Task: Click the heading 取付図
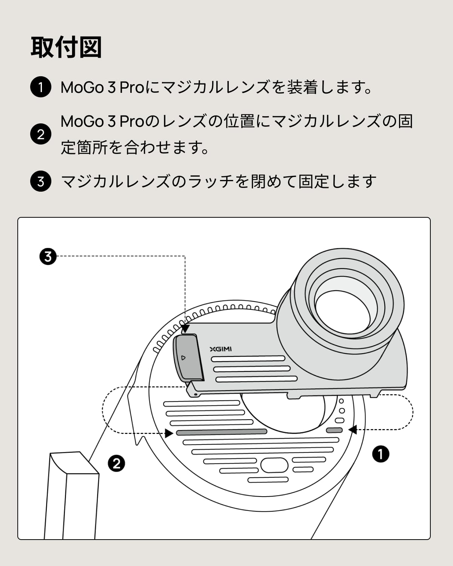[x=66, y=48]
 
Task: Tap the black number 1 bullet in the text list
[x=40, y=87]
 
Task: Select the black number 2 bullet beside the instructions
[x=40, y=134]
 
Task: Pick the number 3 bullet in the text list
[x=40, y=181]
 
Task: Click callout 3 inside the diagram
[x=48, y=257]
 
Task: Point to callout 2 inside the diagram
[x=116, y=463]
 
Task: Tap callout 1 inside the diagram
[x=381, y=454]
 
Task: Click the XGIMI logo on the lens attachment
[x=221, y=349]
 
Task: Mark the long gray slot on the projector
[x=222, y=432]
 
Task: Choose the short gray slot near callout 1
[x=334, y=430]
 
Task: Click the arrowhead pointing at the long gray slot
[x=169, y=433]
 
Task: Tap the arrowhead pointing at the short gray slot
[x=352, y=429]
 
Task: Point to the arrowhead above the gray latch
[x=185, y=329]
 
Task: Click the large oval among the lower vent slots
[x=274, y=465]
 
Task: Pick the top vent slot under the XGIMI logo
[x=248, y=358]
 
